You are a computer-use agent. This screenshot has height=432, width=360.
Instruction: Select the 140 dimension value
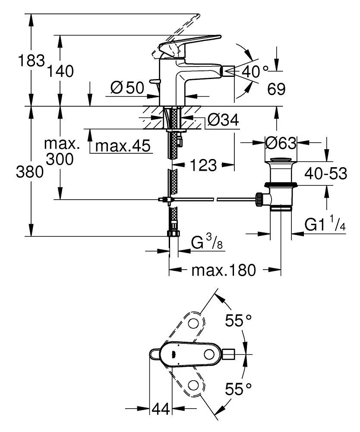[60, 70]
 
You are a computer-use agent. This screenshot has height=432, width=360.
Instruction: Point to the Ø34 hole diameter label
[223, 121]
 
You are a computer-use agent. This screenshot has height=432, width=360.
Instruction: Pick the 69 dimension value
[276, 89]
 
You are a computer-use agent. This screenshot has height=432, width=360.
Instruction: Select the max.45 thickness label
[123, 146]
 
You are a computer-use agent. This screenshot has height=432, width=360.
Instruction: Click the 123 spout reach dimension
[202, 165]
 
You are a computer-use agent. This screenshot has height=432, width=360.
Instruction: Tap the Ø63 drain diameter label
[281, 142]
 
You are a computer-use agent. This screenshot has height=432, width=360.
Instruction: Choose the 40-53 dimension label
[326, 173]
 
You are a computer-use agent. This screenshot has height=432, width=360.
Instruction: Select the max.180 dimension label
[224, 270]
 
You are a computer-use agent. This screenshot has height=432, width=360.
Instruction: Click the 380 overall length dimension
[31, 172]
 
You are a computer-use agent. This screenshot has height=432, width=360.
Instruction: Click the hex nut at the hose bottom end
[173, 234]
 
